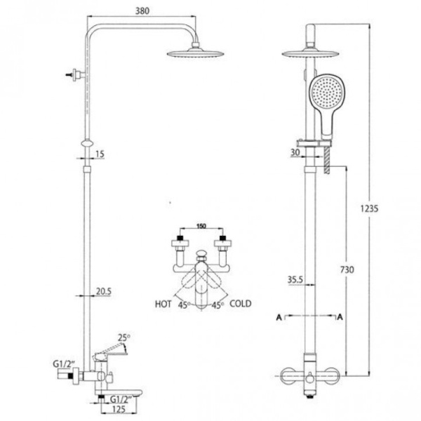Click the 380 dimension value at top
(x=142, y=11)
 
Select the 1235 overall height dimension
(x=369, y=208)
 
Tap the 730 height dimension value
(x=347, y=269)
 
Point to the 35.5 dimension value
(x=295, y=280)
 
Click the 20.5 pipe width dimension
(x=104, y=291)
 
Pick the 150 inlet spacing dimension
(x=201, y=226)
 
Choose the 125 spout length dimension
(x=119, y=409)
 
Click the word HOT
(x=163, y=305)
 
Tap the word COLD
(x=241, y=304)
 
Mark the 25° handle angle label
(x=123, y=338)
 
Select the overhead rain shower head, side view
(x=195, y=52)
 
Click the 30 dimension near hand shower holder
(x=295, y=152)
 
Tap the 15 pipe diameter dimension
(x=100, y=154)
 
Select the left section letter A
(x=279, y=317)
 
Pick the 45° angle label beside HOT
(x=184, y=305)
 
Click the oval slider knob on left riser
(x=87, y=143)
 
